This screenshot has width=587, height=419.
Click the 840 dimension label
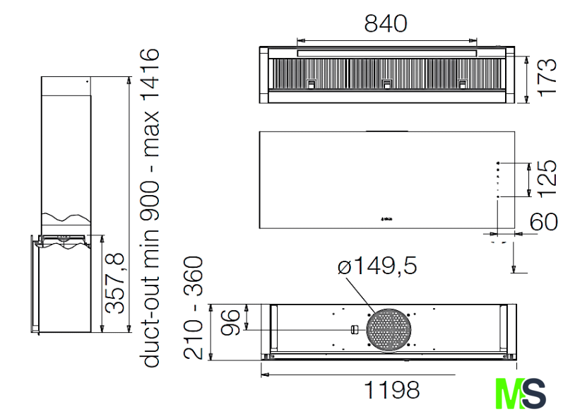[386, 23]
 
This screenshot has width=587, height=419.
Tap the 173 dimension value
[547, 78]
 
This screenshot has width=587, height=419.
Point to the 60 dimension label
[544, 221]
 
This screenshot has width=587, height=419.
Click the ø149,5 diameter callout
[376, 266]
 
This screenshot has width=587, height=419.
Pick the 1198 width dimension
[391, 390]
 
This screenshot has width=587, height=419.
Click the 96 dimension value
[230, 322]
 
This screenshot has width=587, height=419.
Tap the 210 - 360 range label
[193, 308]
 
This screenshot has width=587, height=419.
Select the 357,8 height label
[114, 283]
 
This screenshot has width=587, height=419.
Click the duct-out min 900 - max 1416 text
[150, 208]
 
